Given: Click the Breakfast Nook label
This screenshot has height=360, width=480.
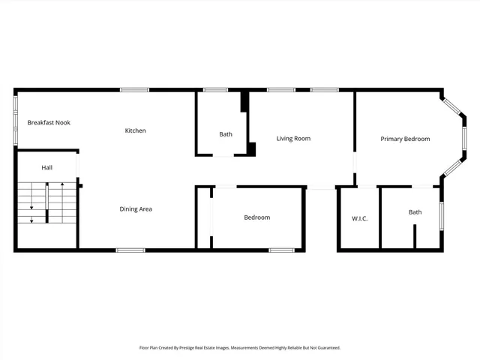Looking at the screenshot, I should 49,122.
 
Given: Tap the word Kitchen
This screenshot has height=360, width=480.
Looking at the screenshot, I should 135,130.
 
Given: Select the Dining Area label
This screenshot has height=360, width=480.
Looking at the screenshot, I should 136,209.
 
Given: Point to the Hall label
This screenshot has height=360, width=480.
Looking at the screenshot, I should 46,167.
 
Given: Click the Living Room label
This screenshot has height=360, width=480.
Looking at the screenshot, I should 293,138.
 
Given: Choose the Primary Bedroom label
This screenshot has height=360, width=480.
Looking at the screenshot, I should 405,139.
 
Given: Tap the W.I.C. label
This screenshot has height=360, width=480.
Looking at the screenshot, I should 359,218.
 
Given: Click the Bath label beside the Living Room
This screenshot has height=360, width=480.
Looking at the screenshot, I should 226,134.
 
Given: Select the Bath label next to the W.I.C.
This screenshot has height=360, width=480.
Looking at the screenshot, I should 415,212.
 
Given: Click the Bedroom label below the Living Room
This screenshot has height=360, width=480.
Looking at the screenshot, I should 256,217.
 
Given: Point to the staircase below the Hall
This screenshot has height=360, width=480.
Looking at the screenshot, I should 47,203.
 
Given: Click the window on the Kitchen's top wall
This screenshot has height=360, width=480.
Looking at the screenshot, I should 134,91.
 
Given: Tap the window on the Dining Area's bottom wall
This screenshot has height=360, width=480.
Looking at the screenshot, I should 130,250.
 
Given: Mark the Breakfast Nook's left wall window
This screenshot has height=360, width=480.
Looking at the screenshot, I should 16,120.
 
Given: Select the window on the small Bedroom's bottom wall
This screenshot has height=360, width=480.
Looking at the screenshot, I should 281,250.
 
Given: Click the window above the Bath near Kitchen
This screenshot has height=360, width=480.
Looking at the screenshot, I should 215,91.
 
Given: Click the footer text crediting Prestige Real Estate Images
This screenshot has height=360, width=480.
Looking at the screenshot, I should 240,348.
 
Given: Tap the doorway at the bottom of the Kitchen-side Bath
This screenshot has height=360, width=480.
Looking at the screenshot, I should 223,155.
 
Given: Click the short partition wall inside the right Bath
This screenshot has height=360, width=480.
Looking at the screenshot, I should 414,235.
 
